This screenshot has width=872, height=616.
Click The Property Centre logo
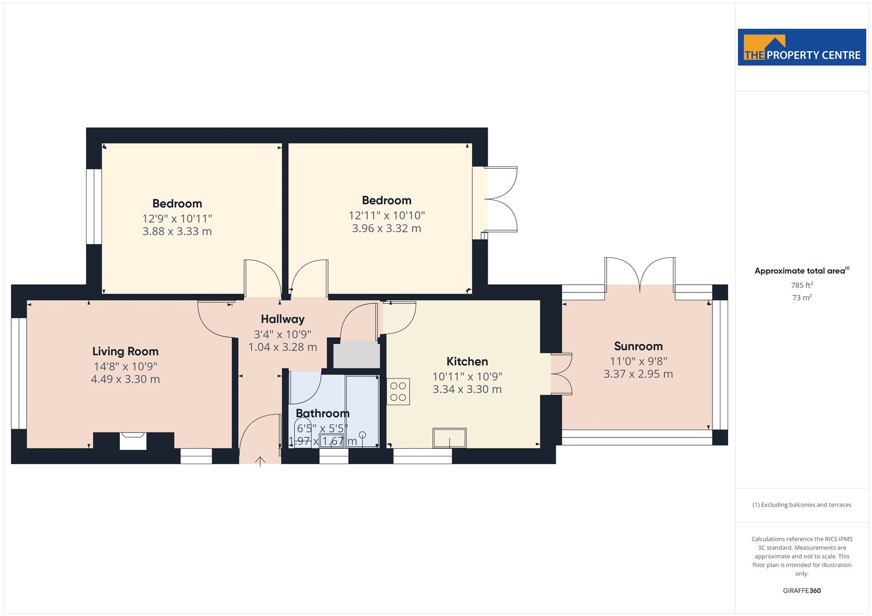(x=802, y=47)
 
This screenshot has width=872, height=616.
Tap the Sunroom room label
(x=638, y=346)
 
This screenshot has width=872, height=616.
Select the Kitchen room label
(x=467, y=361)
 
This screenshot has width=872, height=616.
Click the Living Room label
(x=125, y=351)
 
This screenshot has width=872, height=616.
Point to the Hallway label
(x=283, y=319)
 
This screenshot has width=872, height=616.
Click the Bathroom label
(x=322, y=413)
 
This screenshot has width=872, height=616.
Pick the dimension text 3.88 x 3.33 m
(x=177, y=231)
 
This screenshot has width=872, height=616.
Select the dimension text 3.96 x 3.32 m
(x=386, y=228)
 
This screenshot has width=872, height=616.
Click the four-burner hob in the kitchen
(x=398, y=392)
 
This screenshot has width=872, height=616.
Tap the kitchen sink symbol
(x=450, y=438)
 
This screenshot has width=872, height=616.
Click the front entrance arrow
(x=260, y=461)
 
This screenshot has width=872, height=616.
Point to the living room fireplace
(x=133, y=441)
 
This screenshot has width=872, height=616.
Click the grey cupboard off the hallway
(x=356, y=354)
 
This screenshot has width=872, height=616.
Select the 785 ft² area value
(x=802, y=285)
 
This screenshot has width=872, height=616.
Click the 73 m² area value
(x=802, y=297)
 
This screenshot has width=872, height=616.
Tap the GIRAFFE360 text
(x=802, y=590)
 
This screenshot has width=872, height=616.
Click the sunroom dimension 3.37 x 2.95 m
(x=638, y=374)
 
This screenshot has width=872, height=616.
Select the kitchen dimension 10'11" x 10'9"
(x=467, y=376)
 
